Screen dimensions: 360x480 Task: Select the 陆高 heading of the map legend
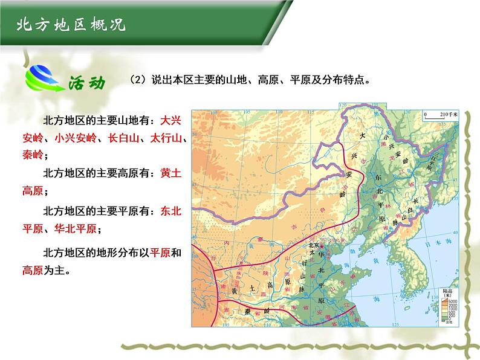point(447,292)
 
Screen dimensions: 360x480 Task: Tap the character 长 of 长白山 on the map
point(414,201)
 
